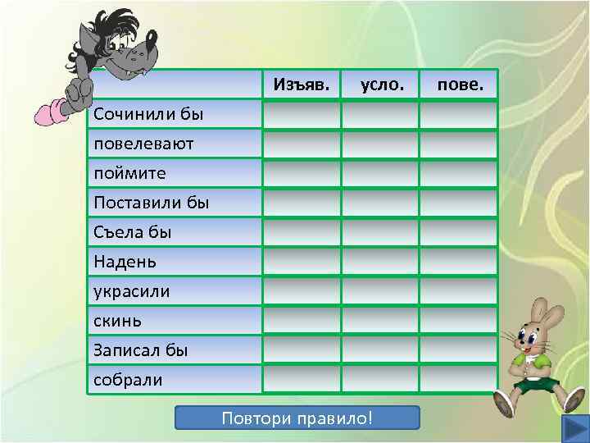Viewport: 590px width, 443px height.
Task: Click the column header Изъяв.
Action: click(x=301, y=84)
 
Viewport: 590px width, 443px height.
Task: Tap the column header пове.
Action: click(x=461, y=84)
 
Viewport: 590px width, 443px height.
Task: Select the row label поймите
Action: click(x=129, y=173)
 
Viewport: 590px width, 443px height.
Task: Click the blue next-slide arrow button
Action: click(x=572, y=427)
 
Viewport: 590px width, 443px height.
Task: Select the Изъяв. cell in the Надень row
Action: click(x=302, y=262)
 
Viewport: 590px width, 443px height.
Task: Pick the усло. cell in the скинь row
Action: click(x=380, y=321)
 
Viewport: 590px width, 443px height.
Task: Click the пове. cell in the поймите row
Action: click(x=459, y=173)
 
